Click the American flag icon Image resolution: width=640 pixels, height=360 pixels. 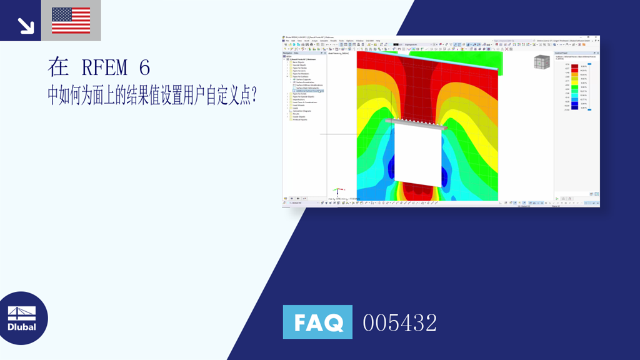[71, 20]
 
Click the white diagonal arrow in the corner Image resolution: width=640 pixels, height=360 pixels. [26, 25]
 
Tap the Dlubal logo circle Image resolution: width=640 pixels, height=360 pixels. [22, 317]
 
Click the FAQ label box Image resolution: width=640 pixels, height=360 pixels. [317, 322]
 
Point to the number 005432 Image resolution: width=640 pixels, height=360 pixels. [400, 322]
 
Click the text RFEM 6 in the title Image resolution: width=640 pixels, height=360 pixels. [115, 67]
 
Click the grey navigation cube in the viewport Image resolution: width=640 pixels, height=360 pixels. [541, 62]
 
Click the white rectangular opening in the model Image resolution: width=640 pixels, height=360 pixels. [417, 154]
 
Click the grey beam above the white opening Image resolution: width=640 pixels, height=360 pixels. [416, 123]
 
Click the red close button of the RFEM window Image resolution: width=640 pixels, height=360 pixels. [597, 37]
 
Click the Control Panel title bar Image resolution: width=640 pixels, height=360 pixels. [575, 54]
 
